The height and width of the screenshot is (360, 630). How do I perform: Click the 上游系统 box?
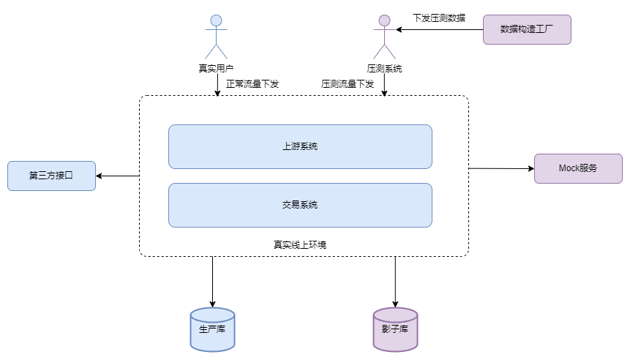pyautogui.click(x=300, y=146)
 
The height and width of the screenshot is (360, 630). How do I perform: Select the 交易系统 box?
pyautogui.click(x=300, y=205)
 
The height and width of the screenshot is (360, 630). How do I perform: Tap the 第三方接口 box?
pyautogui.click(x=51, y=176)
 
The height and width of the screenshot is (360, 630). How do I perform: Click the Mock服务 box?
pyautogui.click(x=578, y=168)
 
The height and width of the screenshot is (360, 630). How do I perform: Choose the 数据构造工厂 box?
pyautogui.click(x=527, y=30)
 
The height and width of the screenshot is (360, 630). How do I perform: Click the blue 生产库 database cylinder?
pyautogui.click(x=212, y=329)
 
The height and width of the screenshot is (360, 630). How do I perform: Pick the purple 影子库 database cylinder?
pyautogui.click(x=395, y=329)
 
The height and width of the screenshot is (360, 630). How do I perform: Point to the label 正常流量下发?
pyautogui.click(x=252, y=84)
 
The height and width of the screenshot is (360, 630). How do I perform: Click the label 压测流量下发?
pyautogui.click(x=348, y=84)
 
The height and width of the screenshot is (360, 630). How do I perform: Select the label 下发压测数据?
pyautogui.click(x=439, y=18)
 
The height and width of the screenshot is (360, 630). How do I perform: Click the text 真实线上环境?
pyautogui.click(x=300, y=244)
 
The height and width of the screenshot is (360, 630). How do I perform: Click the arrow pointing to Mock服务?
pyautogui.click(x=501, y=168)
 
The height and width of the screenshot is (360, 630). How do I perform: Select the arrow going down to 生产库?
pyautogui.click(x=212, y=282)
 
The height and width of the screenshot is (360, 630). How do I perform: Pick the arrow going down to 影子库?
pyautogui.click(x=395, y=282)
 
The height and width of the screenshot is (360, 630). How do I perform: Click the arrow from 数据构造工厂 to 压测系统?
pyautogui.click(x=439, y=30)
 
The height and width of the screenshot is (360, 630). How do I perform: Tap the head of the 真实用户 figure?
pyautogui.click(x=216, y=20)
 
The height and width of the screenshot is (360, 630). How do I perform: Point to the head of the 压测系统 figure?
pyautogui.click(x=384, y=20)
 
